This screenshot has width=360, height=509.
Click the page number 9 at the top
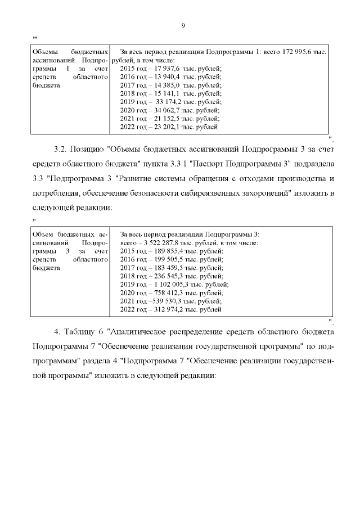tap(183, 25)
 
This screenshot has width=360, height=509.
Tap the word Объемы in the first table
tap(46, 51)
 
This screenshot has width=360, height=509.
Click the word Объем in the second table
tap(44, 234)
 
